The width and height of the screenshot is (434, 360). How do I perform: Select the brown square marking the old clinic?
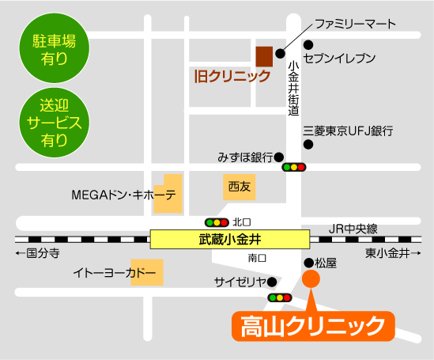264,57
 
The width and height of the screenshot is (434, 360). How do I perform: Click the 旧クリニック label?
232,77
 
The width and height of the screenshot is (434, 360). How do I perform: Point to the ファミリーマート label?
355,25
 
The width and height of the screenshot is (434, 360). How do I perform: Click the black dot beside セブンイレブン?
308,45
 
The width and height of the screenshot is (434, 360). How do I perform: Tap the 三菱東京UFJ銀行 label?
349,131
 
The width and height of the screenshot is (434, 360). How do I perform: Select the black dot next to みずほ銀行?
280,157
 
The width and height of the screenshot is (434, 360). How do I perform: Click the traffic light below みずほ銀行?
293,168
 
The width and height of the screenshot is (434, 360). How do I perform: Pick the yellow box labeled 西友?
238,188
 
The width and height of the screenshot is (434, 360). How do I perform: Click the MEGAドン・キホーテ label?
123,195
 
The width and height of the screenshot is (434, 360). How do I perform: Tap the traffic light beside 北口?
217,222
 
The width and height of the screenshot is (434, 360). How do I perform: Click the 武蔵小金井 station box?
230,238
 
